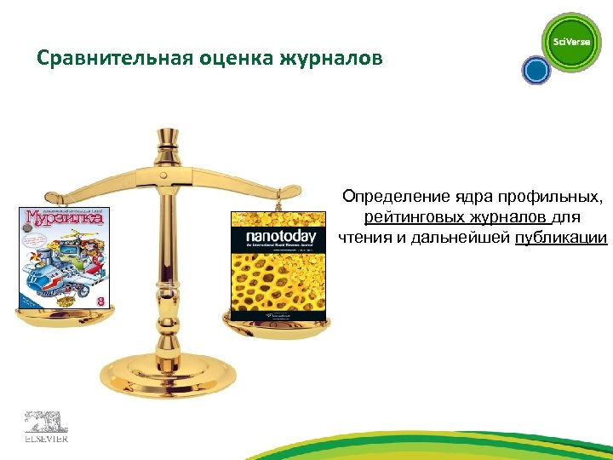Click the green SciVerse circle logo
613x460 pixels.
click(x=571, y=43)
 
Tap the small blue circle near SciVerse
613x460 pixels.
click(x=536, y=70)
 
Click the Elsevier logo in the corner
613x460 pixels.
click(x=44, y=426)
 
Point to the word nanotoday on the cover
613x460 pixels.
click(x=280, y=235)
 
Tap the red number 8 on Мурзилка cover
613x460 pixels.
click(x=100, y=300)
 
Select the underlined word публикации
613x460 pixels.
click(x=561, y=238)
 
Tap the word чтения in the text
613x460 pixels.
click(x=364, y=238)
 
